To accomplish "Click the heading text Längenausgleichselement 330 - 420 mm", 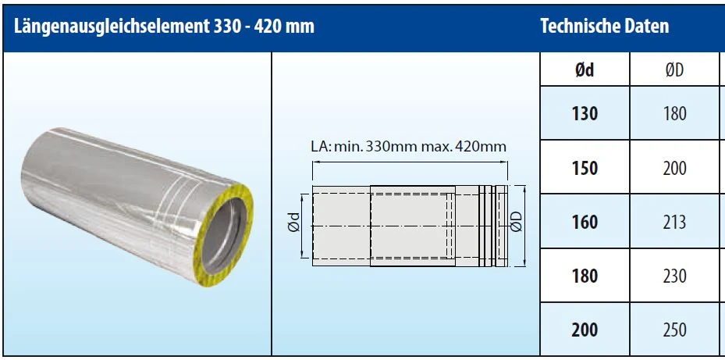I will click(x=164, y=27).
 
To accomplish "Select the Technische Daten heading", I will click(x=604, y=27).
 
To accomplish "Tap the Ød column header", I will click(x=585, y=70).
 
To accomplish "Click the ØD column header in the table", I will click(x=674, y=70).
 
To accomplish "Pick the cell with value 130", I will click(x=585, y=113).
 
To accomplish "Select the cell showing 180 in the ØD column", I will click(x=674, y=113).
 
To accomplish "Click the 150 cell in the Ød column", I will click(x=585, y=168).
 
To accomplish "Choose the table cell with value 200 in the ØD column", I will click(x=674, y=168).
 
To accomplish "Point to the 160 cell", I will click(x=585, y=222).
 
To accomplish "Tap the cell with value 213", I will click(x=674, y=222).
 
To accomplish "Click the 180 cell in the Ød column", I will click(x=585, y=276).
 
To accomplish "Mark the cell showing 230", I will click(x=674, y=276).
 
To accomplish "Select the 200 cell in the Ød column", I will click(x=585, y=330).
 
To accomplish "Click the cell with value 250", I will click(x=674, y=330).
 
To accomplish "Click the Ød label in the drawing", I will click(x=291, y=225).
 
